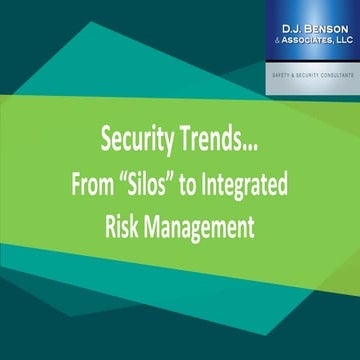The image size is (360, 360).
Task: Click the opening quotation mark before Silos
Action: pyautogui.click(x=145, y=187)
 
